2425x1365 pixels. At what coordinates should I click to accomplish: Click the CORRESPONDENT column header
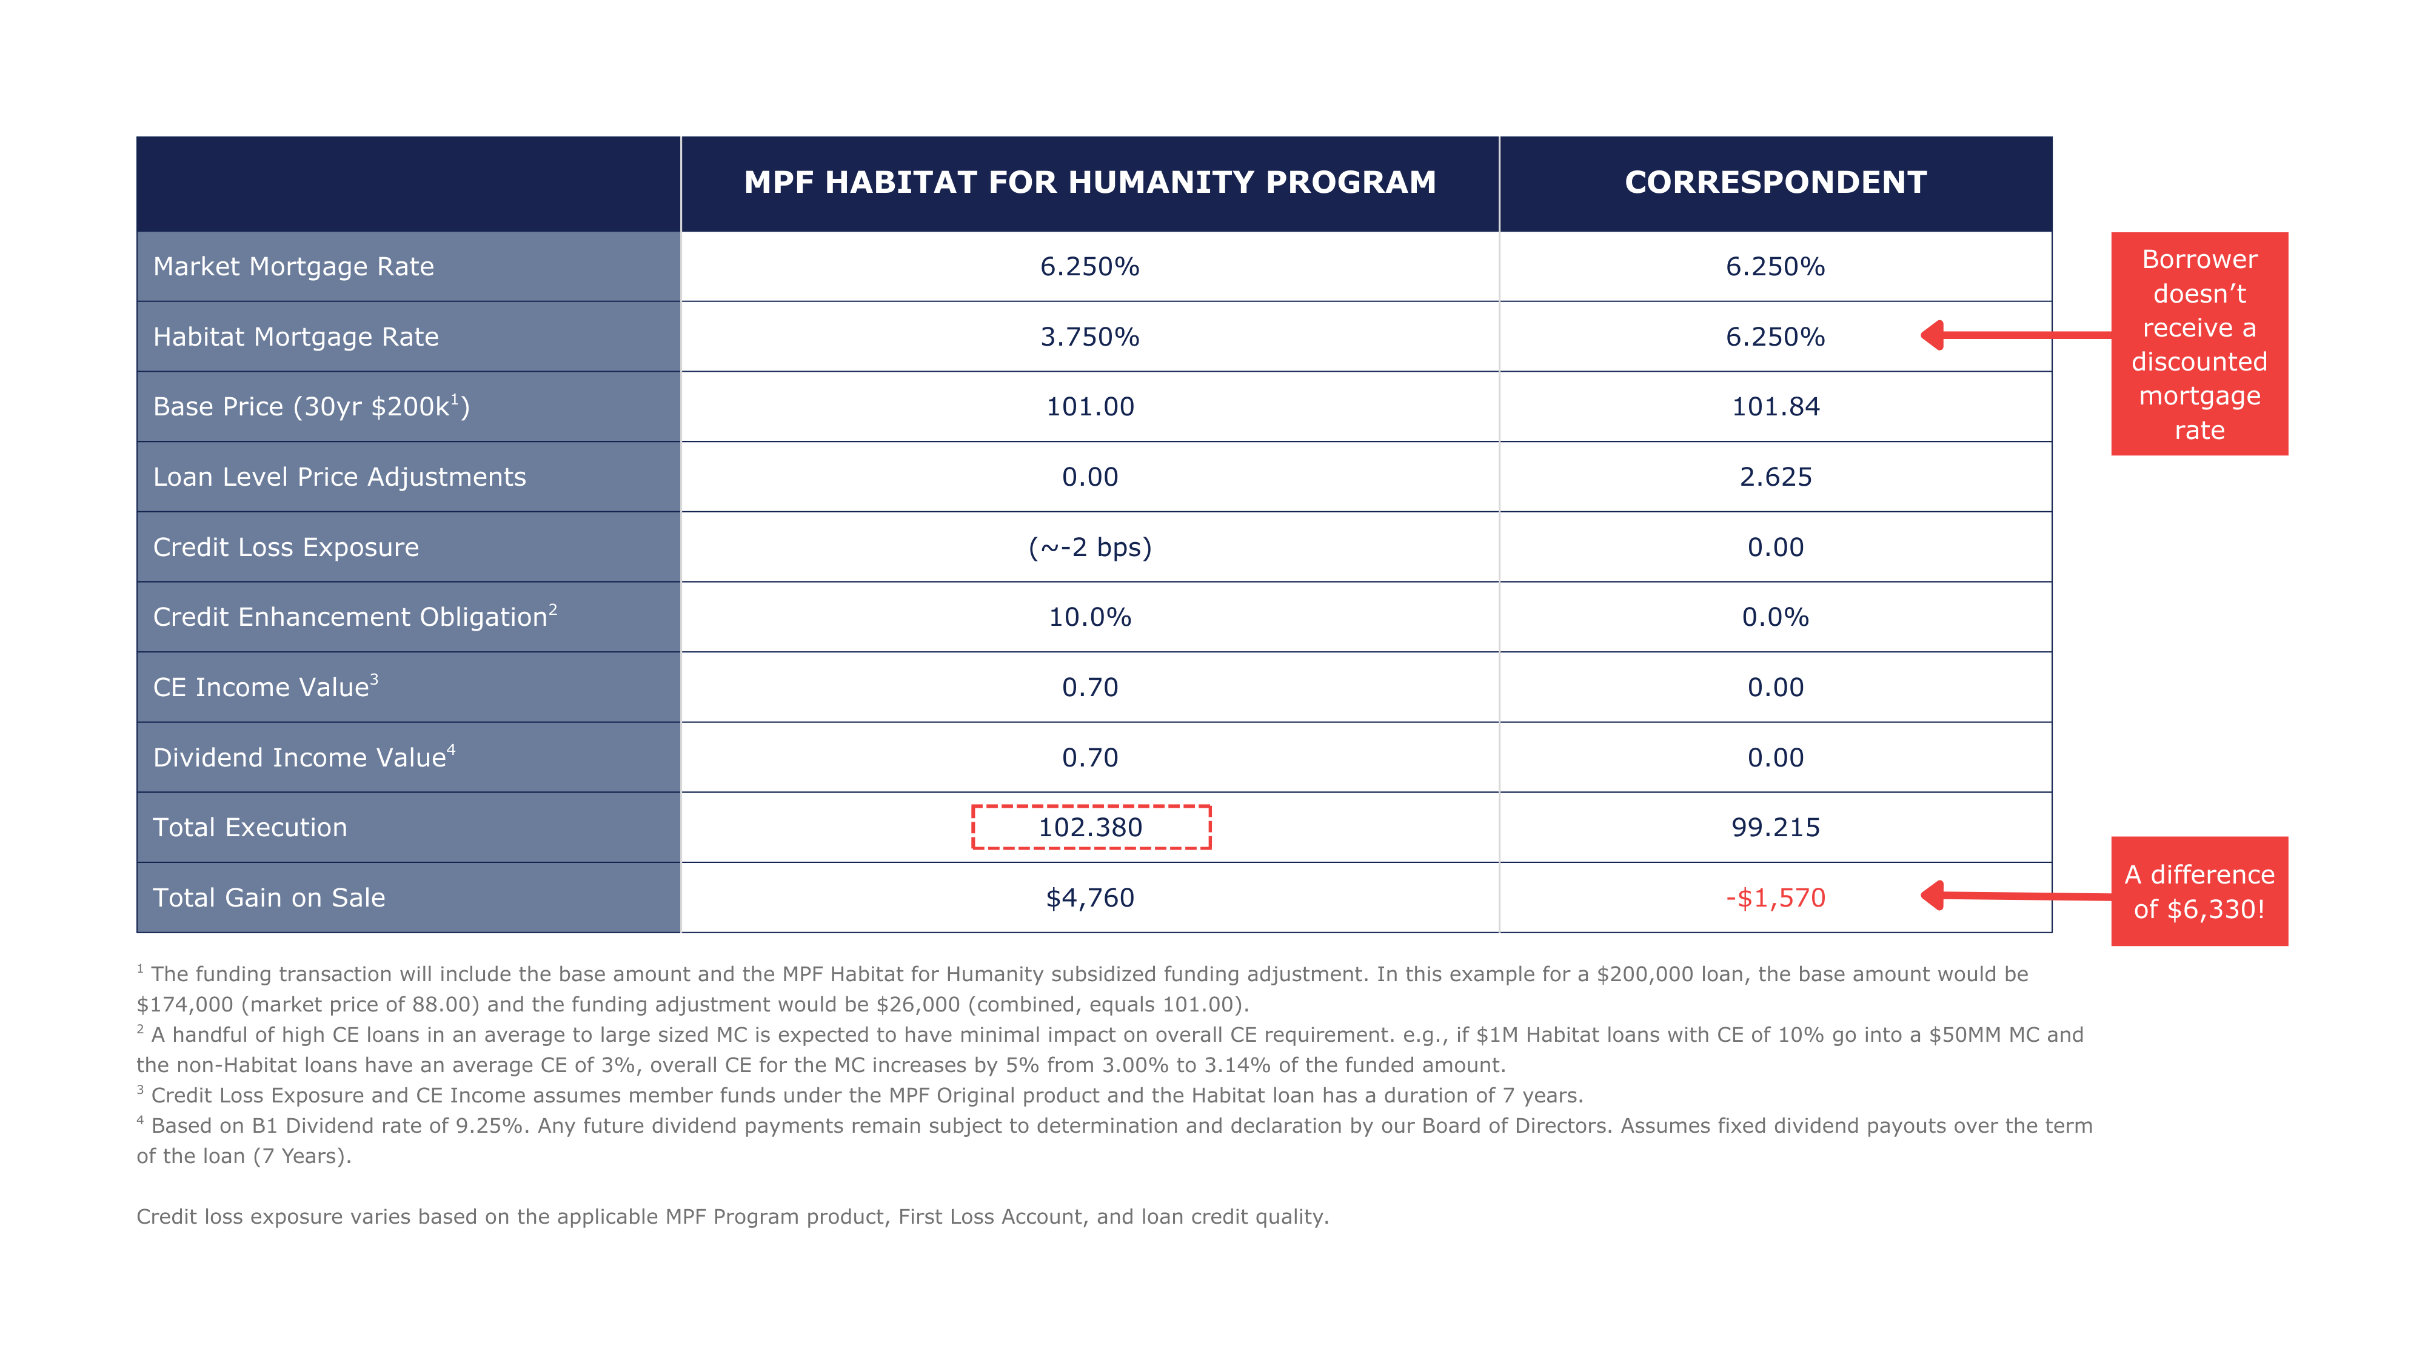[x=1776, y=183]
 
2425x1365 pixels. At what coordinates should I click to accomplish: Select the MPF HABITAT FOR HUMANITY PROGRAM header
[x=1089, y=183]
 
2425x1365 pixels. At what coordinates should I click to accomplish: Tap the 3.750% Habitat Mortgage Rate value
[x=1089, y=337]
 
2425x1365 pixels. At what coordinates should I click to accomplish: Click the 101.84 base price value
[x=1776, y=407]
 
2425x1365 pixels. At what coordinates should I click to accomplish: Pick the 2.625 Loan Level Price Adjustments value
[x=1776, y=477]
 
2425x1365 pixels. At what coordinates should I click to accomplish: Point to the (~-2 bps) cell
[x=1089, y=547]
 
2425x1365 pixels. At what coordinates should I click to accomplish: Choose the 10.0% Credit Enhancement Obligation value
[x=1089, y=617]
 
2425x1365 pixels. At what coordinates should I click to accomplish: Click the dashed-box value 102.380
[x=1090, y=828]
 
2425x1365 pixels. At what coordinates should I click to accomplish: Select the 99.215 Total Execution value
[x=1776, y=828]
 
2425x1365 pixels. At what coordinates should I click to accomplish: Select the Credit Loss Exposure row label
[x=286, y=547]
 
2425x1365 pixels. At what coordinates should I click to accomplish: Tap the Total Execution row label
[x=250, y=828]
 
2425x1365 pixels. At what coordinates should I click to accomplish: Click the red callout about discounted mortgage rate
[x=2199, y=344]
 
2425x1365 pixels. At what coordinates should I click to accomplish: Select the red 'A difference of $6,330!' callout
[x=2199, y=891]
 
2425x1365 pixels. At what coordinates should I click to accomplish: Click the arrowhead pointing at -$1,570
[x=1933, y=895]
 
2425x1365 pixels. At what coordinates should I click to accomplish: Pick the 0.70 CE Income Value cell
[x=1089, y=687]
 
